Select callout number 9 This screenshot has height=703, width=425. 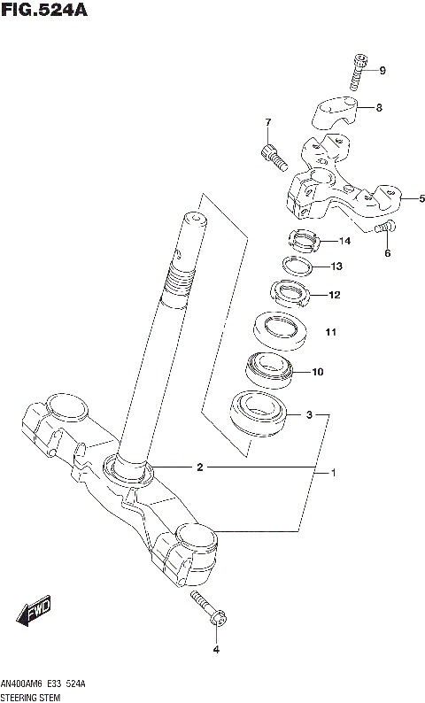coord(382,71)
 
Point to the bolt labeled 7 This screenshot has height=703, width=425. coord(274,158)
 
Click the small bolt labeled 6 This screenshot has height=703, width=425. coord(382,229)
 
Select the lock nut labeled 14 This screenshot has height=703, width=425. coord(303,238)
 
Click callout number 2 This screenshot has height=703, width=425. coord(200,467)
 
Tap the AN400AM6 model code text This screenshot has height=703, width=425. coord(23,685)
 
